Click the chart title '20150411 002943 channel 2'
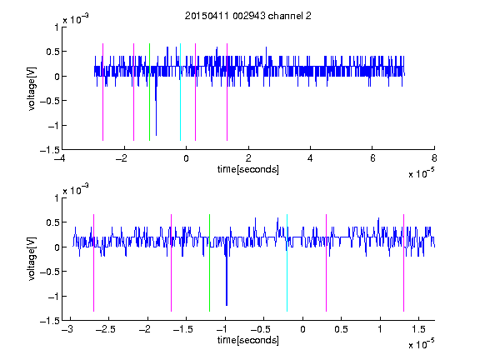click(248, 16)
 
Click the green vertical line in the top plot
click(149, 92)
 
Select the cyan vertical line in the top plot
click(180, 92)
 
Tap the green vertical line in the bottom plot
click(209, 263)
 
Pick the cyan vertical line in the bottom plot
click(287, 263)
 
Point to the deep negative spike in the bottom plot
click(227, 280)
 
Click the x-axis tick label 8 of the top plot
click(434, 158)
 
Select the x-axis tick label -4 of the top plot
click(60, 158)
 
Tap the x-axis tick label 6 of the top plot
click(372, 158)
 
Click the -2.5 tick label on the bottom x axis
click(105, 329)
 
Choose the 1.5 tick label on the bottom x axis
click(419, 329)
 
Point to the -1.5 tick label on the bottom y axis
click(50, 321)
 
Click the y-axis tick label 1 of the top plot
click(57, 27)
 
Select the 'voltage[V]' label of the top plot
click(32, 89)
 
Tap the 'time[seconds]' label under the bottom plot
click(248, 340)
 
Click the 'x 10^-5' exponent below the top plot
click(421, 173)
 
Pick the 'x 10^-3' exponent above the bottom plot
click(76, 189)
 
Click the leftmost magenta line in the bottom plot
click(93, 263)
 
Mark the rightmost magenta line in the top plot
click(227, 92)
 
